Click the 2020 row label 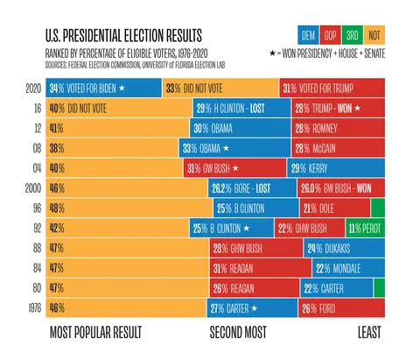point(33,88)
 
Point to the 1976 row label point(33,307)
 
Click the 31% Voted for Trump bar point(332,88)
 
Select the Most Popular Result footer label point(94,333)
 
